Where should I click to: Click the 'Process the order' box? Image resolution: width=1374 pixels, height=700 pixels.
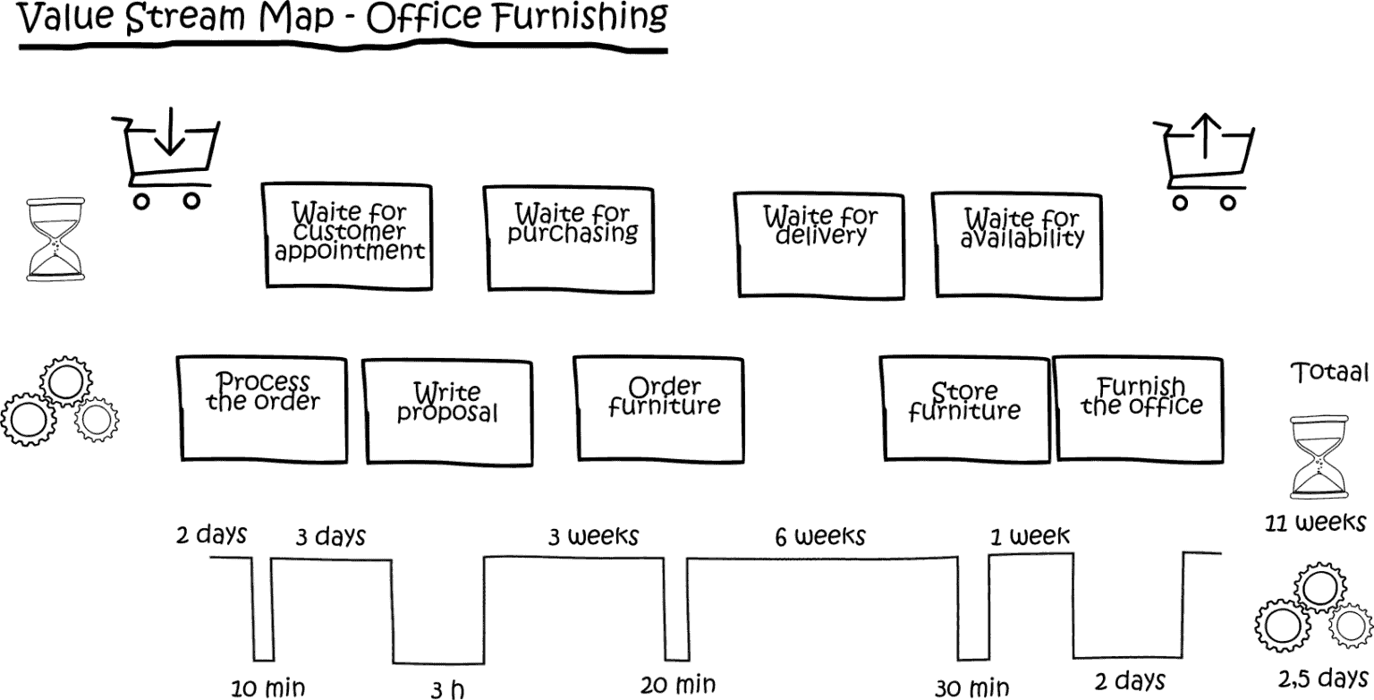[x=262, y=407]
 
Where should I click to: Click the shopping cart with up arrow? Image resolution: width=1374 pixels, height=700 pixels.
[x=1204, y=162]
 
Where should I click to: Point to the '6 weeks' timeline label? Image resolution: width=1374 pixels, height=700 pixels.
[x=820, y=536]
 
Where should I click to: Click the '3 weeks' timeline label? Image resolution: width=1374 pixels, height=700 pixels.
[x=593, y=536]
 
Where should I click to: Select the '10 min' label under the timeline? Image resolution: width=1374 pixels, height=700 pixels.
[x=267, y=688]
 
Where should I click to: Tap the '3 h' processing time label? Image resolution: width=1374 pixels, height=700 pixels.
[x=447, y=690]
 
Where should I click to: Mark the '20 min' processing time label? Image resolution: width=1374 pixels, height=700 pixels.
[x=678, y=686]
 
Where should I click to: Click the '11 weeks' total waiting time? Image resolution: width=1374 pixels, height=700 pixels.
[x=1315, y=522]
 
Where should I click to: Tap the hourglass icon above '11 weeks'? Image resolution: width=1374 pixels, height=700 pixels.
[x=1318, y=457]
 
